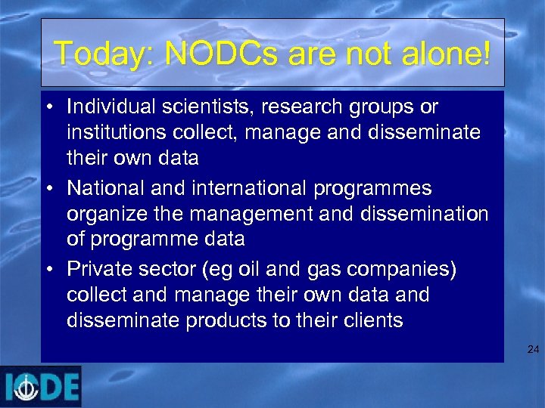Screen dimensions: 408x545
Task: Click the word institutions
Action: click(x=113, y=132)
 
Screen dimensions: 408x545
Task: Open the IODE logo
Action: click(x=41, y=387)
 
